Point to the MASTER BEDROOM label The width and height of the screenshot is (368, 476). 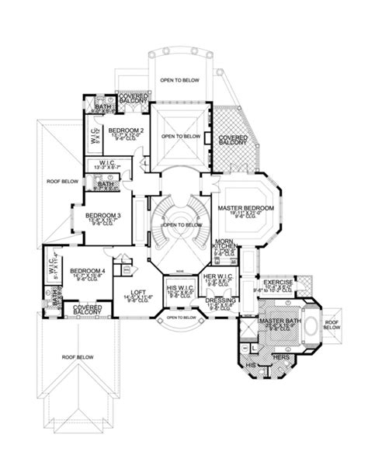[245, 209]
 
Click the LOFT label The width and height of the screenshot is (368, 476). [130, 293]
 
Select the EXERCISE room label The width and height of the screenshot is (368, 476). [278, 283]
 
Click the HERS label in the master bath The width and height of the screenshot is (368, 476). [276, 356]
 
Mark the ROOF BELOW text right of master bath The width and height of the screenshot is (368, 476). [332, 325]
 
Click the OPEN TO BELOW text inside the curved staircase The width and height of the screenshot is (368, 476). [179, 225]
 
